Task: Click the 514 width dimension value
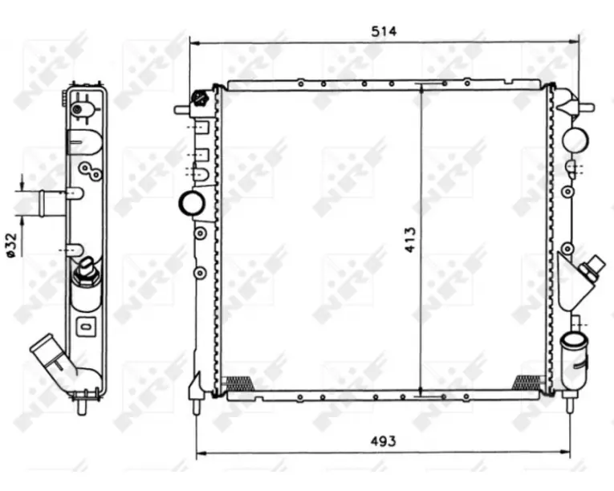point(384,31)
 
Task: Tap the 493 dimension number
point(384,441)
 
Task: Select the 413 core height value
point(410,240)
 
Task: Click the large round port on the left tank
point(192,204)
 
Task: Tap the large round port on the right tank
point(575,140)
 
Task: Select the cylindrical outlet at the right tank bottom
point(575,359)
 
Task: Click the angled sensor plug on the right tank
point(592,266)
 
